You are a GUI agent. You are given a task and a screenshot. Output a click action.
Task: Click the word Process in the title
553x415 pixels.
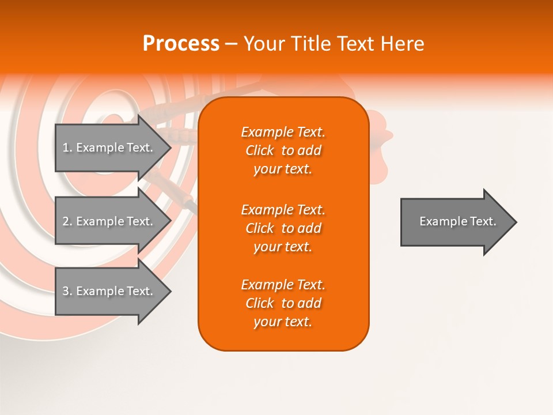[x=181, y=44]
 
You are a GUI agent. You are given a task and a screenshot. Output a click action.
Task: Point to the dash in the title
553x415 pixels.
[x=232, y=44]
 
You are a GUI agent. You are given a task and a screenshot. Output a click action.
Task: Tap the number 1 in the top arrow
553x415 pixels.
[x=66, y=148]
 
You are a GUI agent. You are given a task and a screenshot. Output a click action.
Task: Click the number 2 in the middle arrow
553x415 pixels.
[x=66, y=221]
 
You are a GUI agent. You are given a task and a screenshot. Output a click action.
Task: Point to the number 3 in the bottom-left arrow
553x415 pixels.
[x=66, y=291]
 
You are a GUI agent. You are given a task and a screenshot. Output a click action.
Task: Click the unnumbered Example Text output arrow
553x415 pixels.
[x=455, y=221]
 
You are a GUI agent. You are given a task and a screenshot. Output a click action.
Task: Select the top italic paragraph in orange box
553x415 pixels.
[x=283, y=150]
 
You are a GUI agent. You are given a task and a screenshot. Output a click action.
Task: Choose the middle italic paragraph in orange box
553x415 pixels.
[x=283, y=228]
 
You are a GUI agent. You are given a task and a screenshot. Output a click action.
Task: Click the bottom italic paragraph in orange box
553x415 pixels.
[x=283, y=303]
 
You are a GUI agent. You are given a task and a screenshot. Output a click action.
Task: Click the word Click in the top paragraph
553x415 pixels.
[x=260, y=150]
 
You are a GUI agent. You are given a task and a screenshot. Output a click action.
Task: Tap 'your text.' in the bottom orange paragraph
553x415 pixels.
[x=283, y=322]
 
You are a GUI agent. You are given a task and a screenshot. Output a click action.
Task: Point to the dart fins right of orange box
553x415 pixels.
[x=380, y=144]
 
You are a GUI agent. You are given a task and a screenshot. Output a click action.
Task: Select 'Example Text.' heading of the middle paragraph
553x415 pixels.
[x=283, y=210]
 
